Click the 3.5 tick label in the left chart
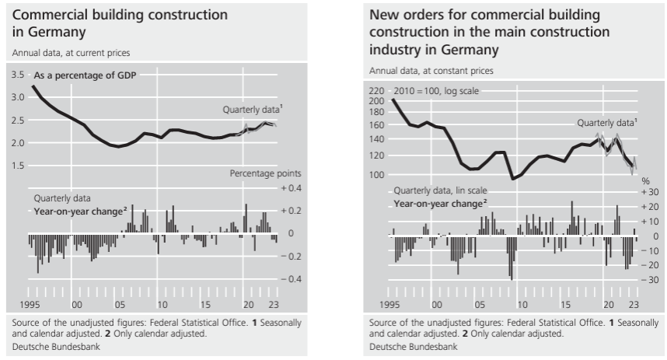(18, 75)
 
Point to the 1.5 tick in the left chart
(18, 166)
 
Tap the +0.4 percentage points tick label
(291, 188)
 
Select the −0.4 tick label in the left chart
(291, 279)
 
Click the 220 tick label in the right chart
(376, 91)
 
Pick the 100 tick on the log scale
(376, 174)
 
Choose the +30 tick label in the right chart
(650, 192)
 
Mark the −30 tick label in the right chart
(650, 280)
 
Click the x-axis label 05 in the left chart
(120, 305)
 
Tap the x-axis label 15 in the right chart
(565, 305)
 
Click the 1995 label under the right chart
(389, 305)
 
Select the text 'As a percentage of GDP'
(85, 75)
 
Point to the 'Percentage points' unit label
(265, 173)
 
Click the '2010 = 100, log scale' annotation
(436, 91)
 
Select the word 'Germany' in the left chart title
(58, 33)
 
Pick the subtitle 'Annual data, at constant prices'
(431, 71)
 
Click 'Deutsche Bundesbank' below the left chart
(56, 347)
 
